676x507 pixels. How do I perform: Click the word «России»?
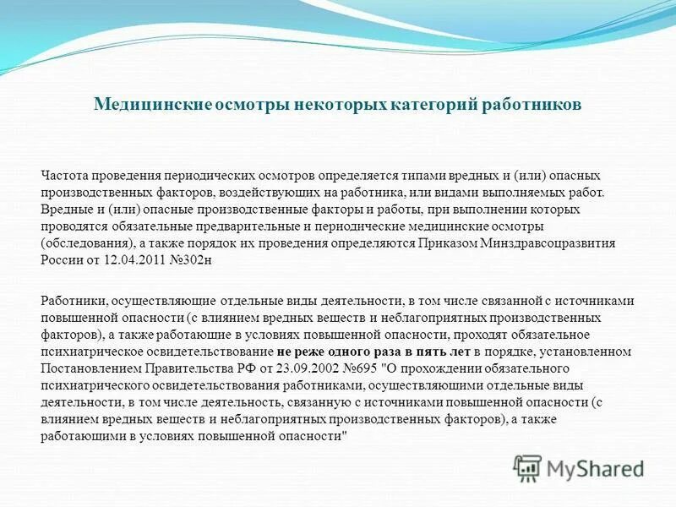(x=58, y=259)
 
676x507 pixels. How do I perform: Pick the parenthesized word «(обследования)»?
(x=83, y=243)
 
